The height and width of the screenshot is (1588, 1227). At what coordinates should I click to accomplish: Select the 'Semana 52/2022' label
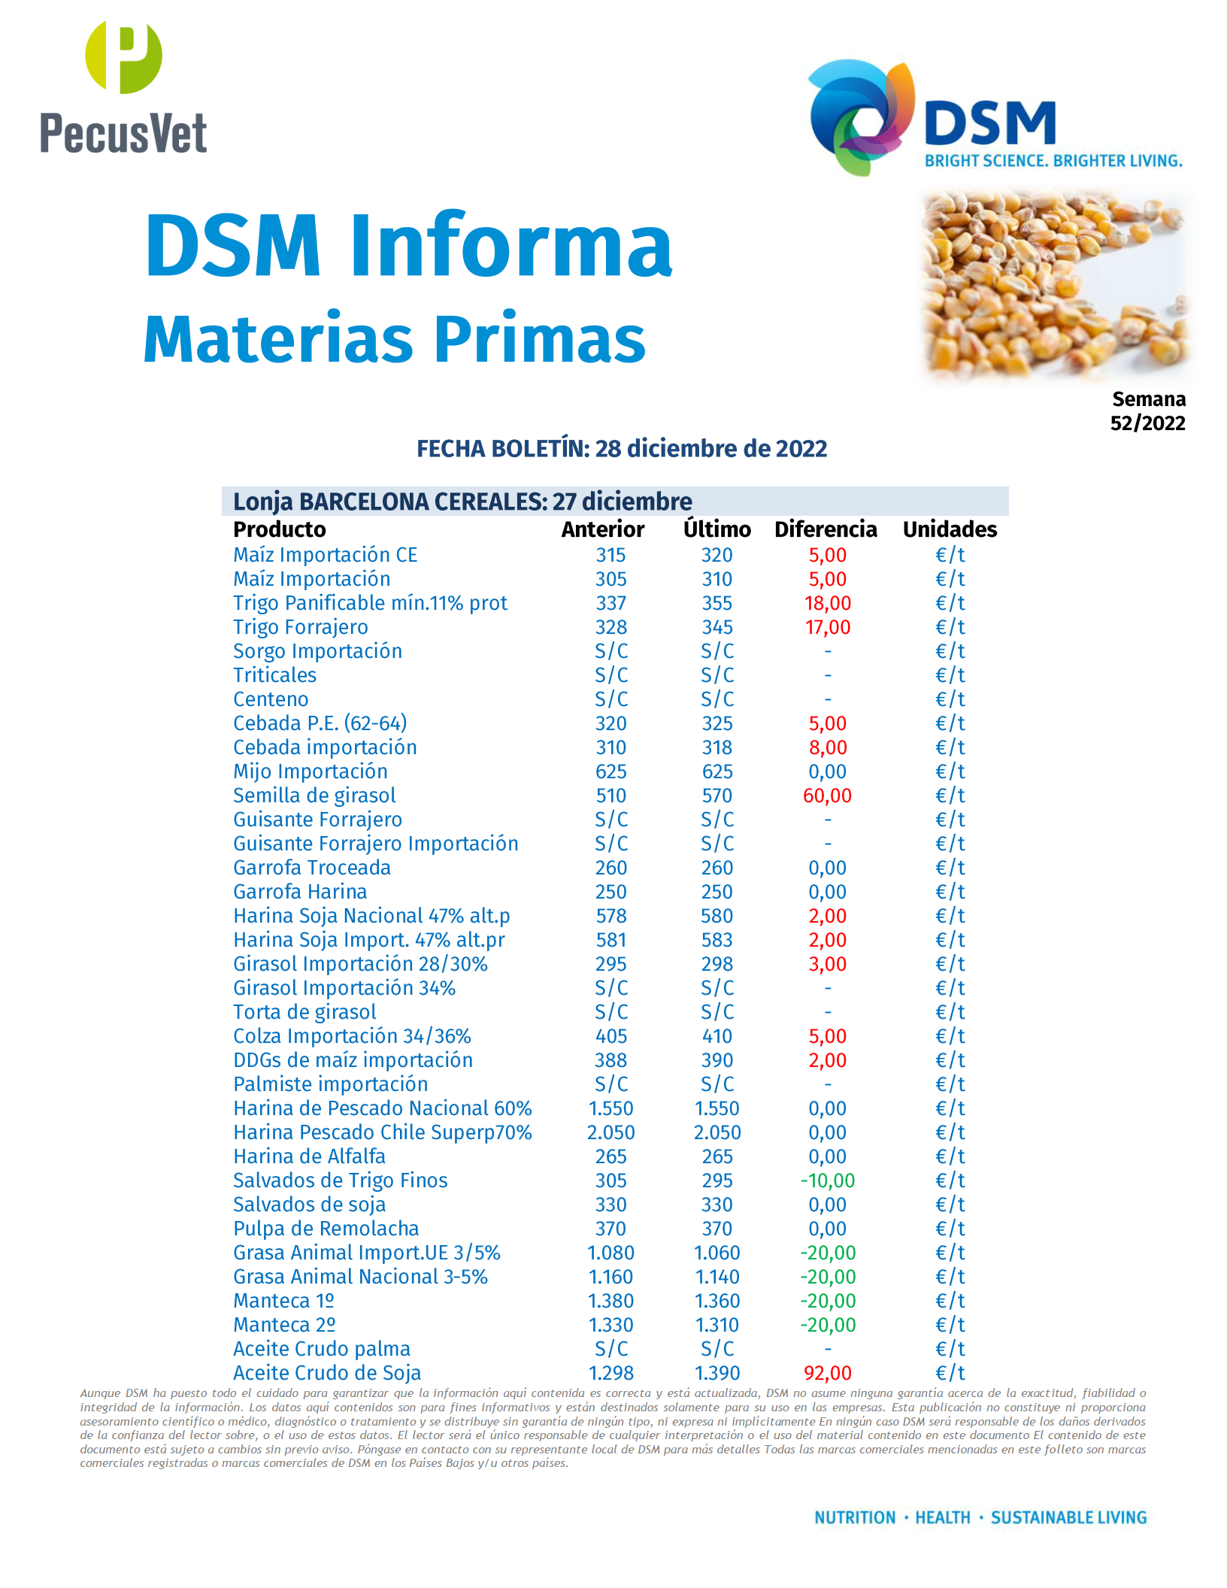(1148, 411)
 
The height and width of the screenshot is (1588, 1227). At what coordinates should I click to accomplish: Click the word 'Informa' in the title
(511, 245)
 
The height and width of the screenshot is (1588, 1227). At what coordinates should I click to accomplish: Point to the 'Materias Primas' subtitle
(395, 339)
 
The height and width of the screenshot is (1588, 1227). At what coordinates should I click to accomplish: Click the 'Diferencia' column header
(826, 529)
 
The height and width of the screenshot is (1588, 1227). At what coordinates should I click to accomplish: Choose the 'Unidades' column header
(950, 529)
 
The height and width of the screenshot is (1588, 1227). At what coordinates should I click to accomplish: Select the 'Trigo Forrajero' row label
(301, 627)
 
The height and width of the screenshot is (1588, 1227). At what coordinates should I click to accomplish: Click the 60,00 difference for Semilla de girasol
(827, 796)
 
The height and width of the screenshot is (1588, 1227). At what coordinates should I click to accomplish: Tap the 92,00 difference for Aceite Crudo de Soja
(827, 1373)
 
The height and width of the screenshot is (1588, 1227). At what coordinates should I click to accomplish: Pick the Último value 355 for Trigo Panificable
(717, 603)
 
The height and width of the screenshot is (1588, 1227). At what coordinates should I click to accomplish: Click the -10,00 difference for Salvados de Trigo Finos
(827, 1180)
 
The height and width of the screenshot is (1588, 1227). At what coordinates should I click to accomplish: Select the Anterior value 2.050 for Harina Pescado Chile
(610, 1132)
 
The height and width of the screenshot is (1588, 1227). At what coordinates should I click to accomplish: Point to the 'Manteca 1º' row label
(283, 1301)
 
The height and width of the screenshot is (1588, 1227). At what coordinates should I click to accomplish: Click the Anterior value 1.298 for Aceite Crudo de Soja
(610, 1373)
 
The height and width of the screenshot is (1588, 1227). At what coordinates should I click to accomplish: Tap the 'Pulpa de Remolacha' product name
(326, 1229)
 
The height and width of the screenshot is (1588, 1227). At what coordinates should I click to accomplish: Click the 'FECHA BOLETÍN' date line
(622, 449)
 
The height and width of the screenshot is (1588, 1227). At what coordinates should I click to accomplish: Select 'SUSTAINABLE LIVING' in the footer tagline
(1068, 1517)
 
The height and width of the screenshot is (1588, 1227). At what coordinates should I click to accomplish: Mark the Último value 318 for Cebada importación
(717, 747)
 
